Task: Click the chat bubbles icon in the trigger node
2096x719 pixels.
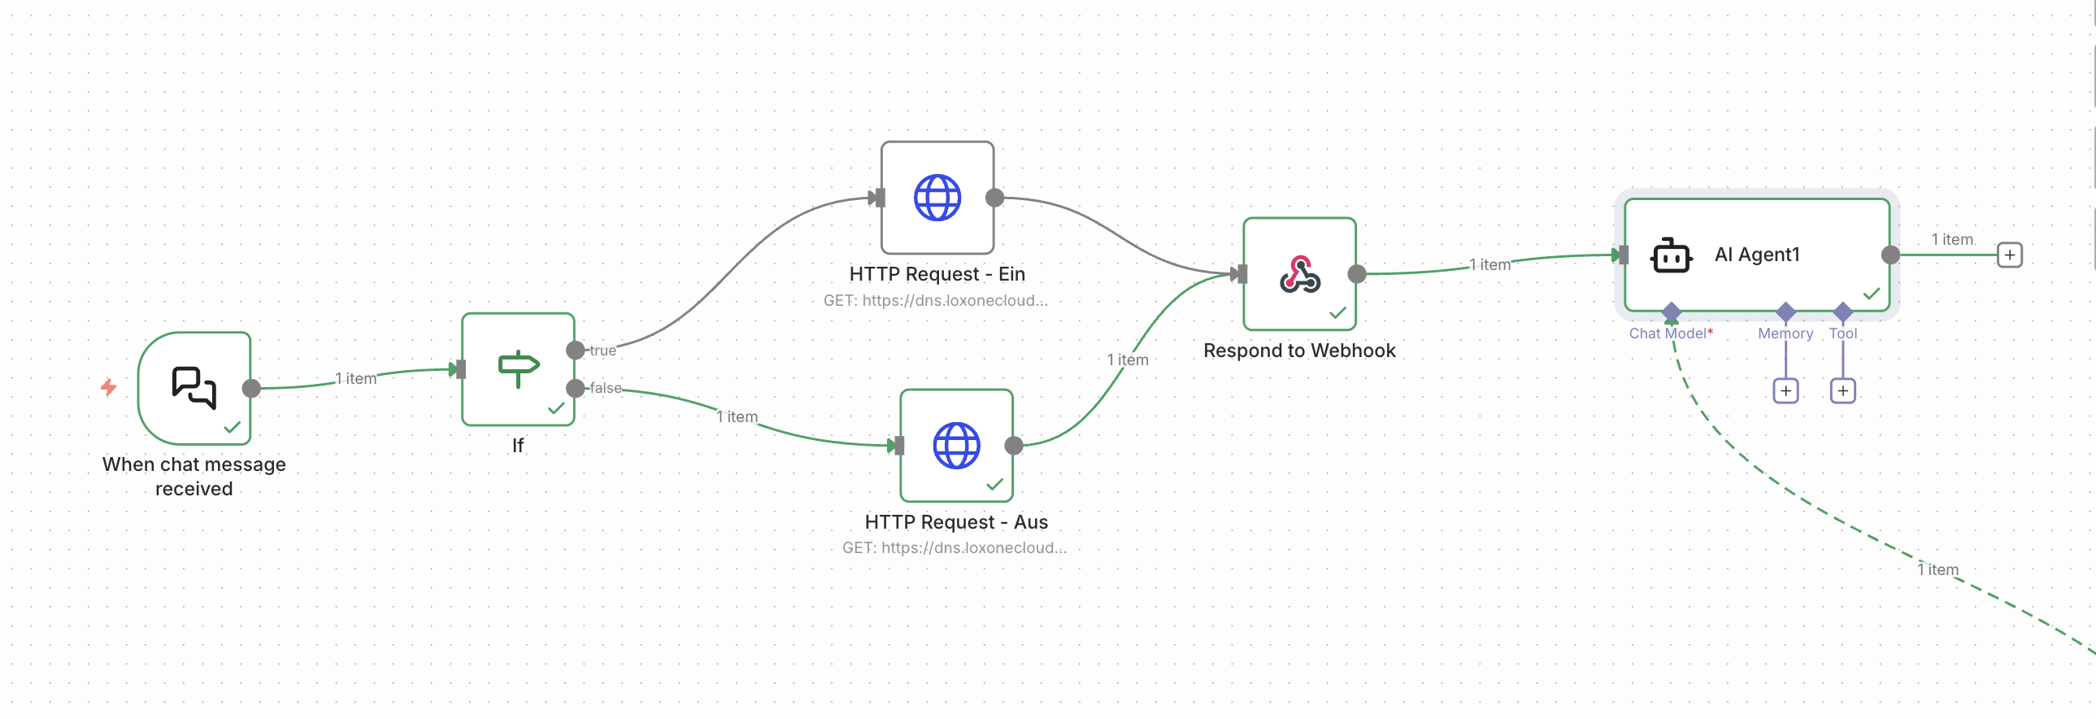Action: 194,387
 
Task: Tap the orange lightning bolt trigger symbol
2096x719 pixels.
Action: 108,387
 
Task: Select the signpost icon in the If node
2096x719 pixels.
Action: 518,368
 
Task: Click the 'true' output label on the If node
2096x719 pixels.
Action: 603,351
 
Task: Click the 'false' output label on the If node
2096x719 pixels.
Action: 606,389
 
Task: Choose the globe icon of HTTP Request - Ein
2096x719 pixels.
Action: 937,198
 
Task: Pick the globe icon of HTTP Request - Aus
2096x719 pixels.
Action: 956,446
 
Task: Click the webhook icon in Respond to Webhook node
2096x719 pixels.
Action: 1299,274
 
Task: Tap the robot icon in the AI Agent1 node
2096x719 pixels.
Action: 1671,255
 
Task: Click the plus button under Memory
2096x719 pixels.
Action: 1785,391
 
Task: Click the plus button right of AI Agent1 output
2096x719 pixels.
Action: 2010,255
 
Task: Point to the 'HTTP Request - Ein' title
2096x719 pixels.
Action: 937,274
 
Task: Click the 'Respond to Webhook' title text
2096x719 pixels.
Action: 1298,351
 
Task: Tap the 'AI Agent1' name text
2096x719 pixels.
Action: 1757,255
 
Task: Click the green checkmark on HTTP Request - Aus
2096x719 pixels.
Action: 994,485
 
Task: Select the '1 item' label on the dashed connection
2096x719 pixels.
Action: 1938,570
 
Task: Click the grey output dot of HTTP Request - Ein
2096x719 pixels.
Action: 994,198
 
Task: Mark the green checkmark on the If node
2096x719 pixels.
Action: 557,408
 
